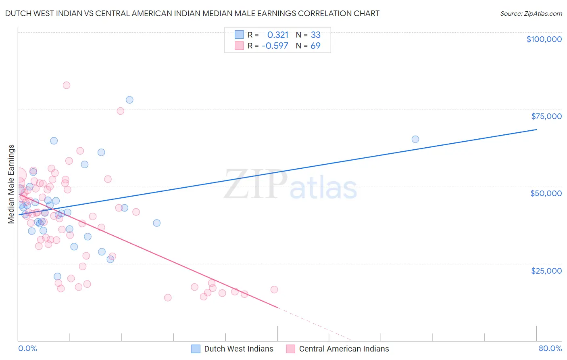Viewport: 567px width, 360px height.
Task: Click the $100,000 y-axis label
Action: [544, 39]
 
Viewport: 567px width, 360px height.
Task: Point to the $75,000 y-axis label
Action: [546, 116]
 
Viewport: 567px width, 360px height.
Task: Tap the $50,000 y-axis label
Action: [546, 193]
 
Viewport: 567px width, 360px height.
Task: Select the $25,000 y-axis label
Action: [546, 271]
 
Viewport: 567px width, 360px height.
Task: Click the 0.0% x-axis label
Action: [27, 348]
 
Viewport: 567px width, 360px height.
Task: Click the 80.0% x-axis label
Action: [550, 348]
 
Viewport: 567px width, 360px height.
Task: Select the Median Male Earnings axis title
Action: [11, 184]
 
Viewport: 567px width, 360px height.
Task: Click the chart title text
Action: [192, 13]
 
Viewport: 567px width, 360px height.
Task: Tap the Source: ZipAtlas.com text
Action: [531, 13]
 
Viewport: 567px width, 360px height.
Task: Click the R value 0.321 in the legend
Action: [278, 35]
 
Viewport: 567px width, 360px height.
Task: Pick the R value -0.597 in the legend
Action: [275, 46]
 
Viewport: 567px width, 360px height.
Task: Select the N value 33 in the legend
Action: [315, 35]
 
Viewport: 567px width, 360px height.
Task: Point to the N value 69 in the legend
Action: [315, 46]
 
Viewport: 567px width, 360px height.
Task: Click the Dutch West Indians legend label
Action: [238, 349]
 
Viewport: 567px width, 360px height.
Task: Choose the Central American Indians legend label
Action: [344, 349]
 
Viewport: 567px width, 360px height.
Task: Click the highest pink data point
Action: [67, 85]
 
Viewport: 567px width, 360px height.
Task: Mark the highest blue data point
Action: [129, 100]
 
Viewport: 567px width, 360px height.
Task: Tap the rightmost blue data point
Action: [415, 139]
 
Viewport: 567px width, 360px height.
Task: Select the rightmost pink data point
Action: [274, 289]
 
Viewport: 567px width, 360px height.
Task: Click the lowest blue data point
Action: [58, 276]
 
